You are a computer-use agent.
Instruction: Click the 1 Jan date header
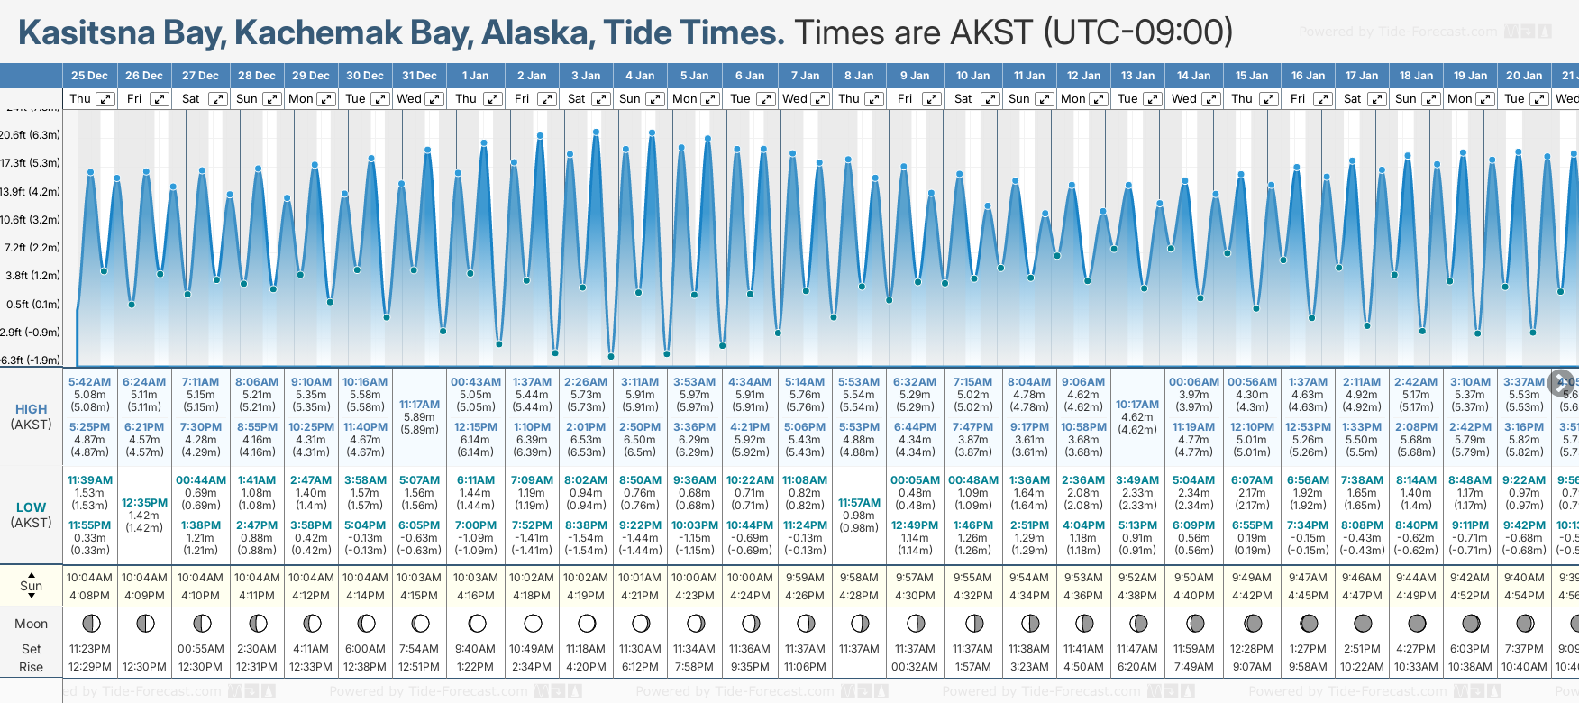click(x=475, y=76)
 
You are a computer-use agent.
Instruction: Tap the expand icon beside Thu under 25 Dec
click(x=105, y=99)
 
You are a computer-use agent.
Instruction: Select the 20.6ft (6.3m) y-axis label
click(x=30, y=135)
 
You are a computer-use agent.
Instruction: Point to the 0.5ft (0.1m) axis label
click(x=32, y=305)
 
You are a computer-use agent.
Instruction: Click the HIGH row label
click(x=31, y=409)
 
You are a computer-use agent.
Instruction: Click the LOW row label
click(x=31, y=507)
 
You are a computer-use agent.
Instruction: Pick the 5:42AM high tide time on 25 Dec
click(x=89, y=382)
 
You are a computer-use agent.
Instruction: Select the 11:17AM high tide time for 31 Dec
click(x=419, y=405)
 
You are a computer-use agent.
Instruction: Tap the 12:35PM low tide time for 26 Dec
click(x=144, y=503)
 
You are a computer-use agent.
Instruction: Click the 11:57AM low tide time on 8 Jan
click(x=859, y=503)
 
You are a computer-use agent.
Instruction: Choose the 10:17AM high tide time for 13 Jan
click(x=1137, y=405)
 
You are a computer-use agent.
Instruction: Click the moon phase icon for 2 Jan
click(x=533, y=623)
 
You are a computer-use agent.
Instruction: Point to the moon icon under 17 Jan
click(x=1363, y=623)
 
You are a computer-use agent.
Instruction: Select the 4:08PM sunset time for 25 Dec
click(x=89, y=596)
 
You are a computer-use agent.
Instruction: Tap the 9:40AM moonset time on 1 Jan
click(x=475, y=649)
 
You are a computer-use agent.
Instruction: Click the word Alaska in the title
click(x=537, y=32)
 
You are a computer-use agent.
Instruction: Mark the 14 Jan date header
click(x=1195, y=76)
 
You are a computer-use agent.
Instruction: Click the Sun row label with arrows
click(x=31, y=586)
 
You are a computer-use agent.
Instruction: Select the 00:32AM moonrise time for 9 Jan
click(x=915, y=667)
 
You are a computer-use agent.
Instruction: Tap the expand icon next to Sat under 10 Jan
click(x=990, y=99)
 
